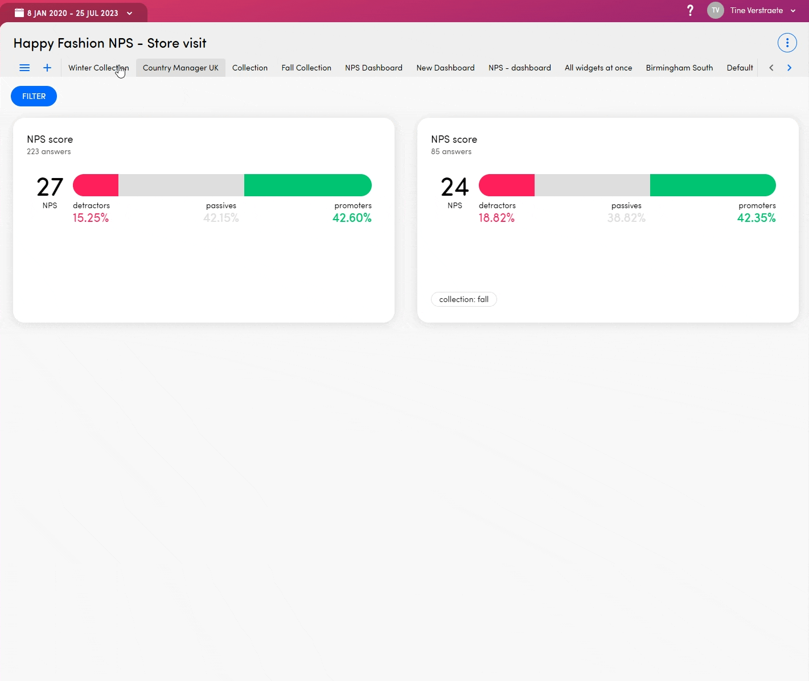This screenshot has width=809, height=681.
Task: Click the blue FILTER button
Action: click(34, 96)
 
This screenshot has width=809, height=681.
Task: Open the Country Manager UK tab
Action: click(180, 68)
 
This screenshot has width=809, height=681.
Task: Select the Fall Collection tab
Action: click(306, 68)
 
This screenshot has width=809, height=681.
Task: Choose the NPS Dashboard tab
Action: click(373, 68)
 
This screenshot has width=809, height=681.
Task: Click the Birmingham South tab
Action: click(679, 68)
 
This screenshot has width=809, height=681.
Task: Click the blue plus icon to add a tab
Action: click(47, 68)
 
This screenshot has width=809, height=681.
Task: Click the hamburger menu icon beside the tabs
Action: click(24, 68)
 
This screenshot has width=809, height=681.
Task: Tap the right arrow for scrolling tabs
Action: click(789, 68)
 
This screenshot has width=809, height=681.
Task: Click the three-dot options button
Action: click(787, 43)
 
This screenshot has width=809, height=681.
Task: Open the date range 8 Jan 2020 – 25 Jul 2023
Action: click(73, 13)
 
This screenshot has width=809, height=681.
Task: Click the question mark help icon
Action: click(690, 10)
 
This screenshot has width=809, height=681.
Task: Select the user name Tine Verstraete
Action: click(756, 10)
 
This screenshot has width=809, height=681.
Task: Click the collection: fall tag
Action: click(463, 299)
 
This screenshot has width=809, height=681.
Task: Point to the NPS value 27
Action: click(50, 187)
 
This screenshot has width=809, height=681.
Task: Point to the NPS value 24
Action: click(454, 187)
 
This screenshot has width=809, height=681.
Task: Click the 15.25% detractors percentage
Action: click(91, 218)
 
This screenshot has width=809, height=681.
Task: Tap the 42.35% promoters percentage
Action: click(756, 218)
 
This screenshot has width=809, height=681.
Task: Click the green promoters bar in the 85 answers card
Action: click(712, 185)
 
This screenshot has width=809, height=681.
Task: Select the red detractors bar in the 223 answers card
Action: click(96, 185)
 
